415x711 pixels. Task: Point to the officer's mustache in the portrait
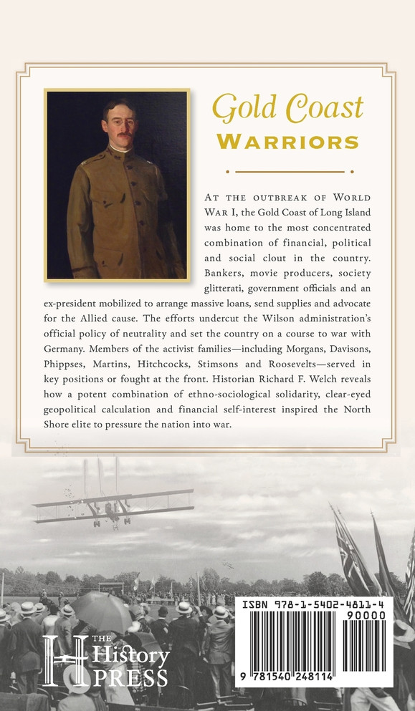pyautogui.click(x=124, y=135)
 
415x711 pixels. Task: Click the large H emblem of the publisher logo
pyautogui.click(x=64, y=659)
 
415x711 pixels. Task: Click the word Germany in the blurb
pyautogui.click(x=64, y=351)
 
